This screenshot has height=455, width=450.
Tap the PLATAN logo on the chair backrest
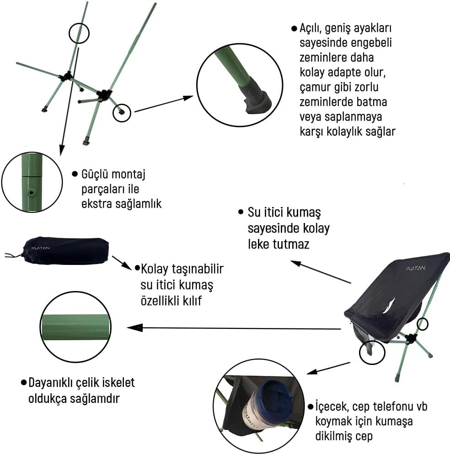click(415, 268)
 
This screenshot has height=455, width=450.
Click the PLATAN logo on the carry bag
click(40, 248)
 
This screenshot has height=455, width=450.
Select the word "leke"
click(258, 244)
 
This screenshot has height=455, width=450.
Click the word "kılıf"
click(192, 301)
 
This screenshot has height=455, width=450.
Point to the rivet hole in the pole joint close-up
click(31, 192)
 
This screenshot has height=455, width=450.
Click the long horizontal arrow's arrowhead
click(135, 328)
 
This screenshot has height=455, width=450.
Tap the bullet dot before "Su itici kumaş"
click(241, 212)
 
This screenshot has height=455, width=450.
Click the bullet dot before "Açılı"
click(295, 28)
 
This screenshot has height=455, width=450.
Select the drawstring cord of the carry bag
click(14, 255)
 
